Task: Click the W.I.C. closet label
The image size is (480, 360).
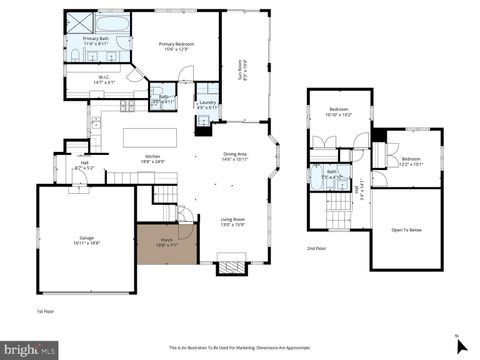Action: [x=104, y=93]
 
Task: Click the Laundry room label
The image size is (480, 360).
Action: [x=207, y=104]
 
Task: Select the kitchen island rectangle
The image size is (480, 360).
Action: [x=150, y=137]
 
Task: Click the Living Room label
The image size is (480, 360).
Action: [x=232, y=221]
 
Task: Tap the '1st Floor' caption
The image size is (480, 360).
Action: [x=45, y=311]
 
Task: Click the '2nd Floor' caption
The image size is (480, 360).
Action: [x=316, y=247]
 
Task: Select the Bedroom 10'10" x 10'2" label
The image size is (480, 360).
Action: [x=340, y=113]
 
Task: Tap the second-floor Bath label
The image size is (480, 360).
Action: [x=331, y=175]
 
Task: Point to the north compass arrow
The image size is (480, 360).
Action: [x=460, y=345]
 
